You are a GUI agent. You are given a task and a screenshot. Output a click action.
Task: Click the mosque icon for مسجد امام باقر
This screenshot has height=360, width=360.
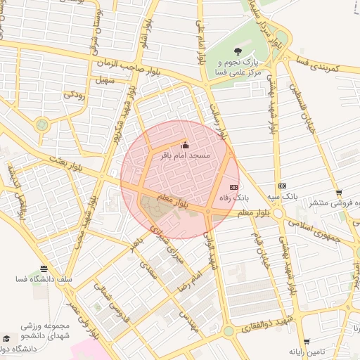coord(186,146)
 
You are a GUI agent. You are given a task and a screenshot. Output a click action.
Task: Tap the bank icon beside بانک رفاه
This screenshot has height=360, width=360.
coord(234,188)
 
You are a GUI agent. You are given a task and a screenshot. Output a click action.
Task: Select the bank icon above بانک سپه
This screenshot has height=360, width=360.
coord(282,186)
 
